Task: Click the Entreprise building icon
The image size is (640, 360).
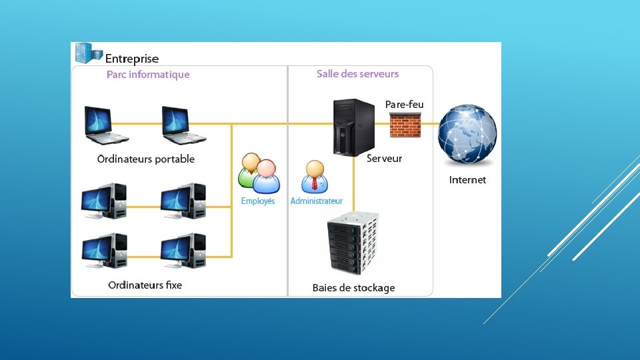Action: pyautogui.click(x=89, y=53)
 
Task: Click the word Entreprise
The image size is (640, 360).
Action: pyautogui.click(x=132, y=59)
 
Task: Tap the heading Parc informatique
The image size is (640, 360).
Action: pyautogui.click(x=148, y=74)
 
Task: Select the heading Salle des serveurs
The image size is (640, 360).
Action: pyautogui.click(x=357, y=74)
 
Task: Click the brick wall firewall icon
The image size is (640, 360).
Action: pyautogui.click(x=405, y=125)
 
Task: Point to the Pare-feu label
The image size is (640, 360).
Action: pyautogui.click(x=404, y=105)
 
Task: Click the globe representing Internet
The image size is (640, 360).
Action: pyautogui.click(x=467, y=134)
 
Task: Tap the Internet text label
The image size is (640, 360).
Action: pyautogui.click(x=467, y=180)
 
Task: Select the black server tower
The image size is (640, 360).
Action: pyautogui.click(x=354, y=127)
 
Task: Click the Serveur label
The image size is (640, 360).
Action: pyautogui.click(x=384, y=159)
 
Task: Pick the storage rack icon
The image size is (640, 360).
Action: pyautogui.click(x=353, y=243)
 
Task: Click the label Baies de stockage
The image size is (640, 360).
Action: pyautogui.click(x=353, y=288)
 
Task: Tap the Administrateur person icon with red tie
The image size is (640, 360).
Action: pyautogui.click(x=315, y=176)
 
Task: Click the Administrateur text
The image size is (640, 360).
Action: pyautogui.click(x=316, y=201)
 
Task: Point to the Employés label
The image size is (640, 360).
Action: pyautogui.click(x=258, y=201)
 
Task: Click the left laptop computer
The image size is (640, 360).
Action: pyautogui.click(x=105, y=125)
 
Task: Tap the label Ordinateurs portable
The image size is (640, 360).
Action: pyautogui.click(x=146, y=159)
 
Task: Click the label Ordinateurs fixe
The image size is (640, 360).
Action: pyautogui.click(x=145, y=285)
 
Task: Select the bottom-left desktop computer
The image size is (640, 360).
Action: pyautogui.click(x=104, y=251)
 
